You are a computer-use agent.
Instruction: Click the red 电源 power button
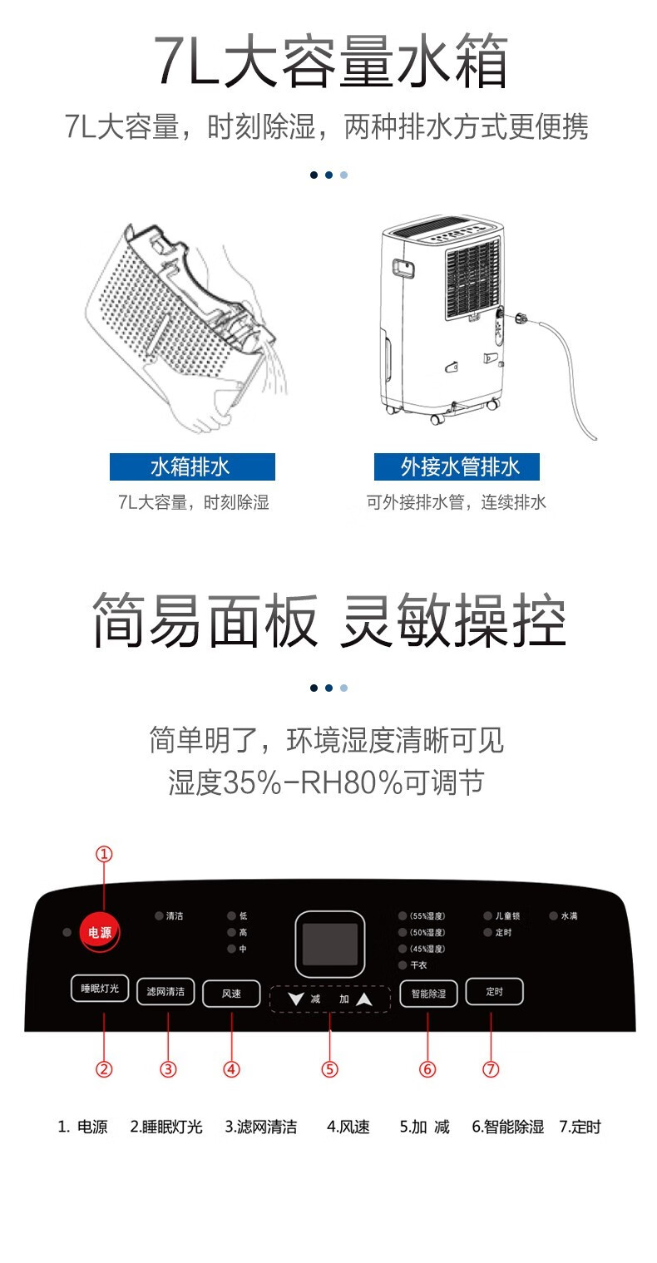coord(99,932)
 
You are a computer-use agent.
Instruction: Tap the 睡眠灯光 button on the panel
coord(100,989)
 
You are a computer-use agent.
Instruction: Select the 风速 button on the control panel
coord(231,994)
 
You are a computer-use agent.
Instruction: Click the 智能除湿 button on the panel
coord(428,994)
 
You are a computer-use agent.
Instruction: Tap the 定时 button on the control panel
coord(494,991)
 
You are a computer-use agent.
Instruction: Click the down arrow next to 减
coord(295,999)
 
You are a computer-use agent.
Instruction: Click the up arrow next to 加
coord(364,999)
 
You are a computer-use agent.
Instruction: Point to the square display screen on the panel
coord(330,945)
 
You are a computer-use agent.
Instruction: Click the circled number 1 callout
coord(104,854)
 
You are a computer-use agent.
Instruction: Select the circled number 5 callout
coord(330,1069)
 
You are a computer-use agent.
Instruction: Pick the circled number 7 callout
coord(491,1069)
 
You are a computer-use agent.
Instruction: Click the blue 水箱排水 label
coord(192,466)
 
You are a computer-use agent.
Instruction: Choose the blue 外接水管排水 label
coord(457,466)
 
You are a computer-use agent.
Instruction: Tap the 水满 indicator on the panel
coord(569,915)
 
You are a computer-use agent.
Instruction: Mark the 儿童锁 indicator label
coord(507,915)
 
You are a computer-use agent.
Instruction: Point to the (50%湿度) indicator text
coord(427,933)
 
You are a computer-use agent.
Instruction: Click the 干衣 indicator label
coord(418,965)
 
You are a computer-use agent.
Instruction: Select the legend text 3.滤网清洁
coord(260,1127)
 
